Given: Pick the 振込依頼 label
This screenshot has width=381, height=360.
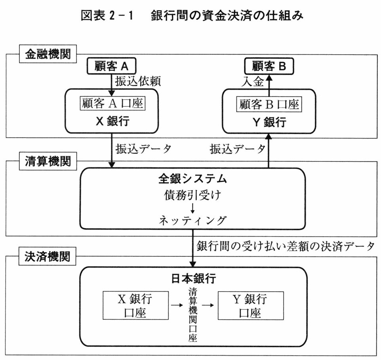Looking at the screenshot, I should (138, 81).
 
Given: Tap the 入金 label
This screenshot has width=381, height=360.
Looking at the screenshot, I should (253, 81).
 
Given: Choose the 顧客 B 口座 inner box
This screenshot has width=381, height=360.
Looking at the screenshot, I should (269, 104).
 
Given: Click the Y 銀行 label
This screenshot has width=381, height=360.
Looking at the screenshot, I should (269, 122).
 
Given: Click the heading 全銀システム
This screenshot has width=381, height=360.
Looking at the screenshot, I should (192, 179).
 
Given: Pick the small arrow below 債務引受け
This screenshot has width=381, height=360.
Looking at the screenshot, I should (192, 207).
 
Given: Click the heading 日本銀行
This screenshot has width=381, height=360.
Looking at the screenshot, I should (193, 279).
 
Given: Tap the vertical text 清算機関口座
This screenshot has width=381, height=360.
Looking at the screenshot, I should (193, 315).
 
